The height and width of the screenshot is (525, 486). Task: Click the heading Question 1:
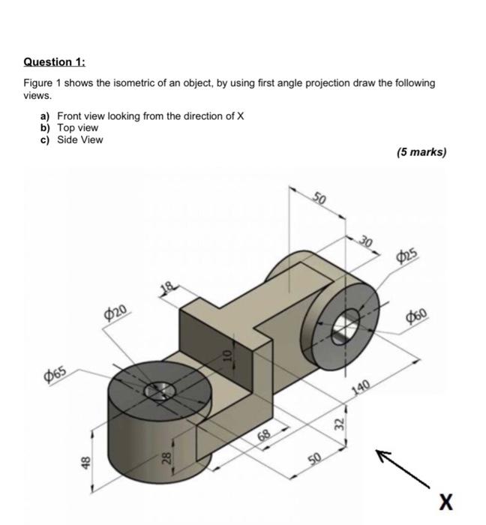(x=55, y=63)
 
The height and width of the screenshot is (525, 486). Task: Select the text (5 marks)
(x=421, y=152)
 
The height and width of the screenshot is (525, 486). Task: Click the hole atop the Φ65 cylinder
(x=160, y=389)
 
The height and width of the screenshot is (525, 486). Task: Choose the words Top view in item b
(x=78, y=128)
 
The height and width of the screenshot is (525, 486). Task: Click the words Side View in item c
(x=80, y=139)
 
